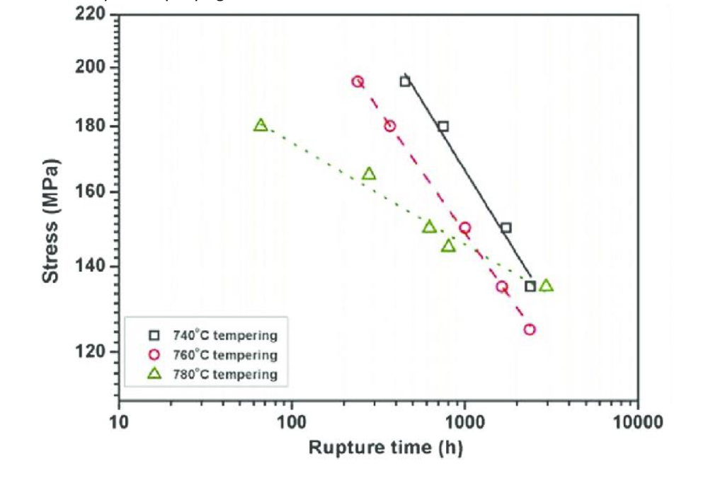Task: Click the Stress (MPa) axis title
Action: (x=51, y=221)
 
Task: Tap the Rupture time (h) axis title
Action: (x=385, y=448)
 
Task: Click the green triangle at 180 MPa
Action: (x=261, y=125)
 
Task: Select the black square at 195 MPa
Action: (x=405, y=81)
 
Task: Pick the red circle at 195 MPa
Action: (x=358, y=81)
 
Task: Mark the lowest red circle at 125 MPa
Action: (x=530, y=329)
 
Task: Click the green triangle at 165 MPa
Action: (x=369, y=174)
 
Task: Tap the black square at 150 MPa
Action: (x=506, y=228)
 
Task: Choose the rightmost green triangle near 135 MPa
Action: (x=546, y=286)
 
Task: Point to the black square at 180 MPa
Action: (x=443, y=127)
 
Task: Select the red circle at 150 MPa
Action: (x=464, y=228)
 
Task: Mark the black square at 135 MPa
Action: (x=530, y=286)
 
